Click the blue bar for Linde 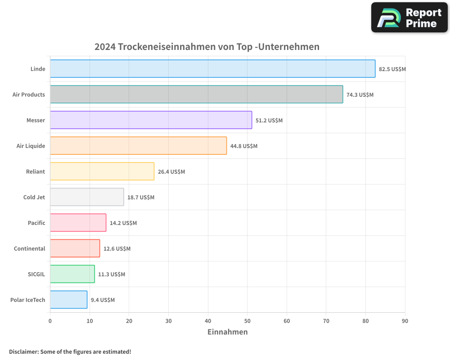point(212,69)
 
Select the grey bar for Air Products point(196,94)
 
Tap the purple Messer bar point(151,120)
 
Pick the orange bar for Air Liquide point(138,146)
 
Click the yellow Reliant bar point(102,171)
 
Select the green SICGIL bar point(72,274)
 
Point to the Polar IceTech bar point(68,300)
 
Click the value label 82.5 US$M point(392,69)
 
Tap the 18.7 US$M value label point(141,198)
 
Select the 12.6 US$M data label point(117,249)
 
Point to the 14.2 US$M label point(123,223)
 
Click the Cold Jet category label point(34,198)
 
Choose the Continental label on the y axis point(30,249)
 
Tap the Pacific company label point(36,223)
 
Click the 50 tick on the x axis point(247,321)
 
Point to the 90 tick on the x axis point(405,321)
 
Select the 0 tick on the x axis point(50,321)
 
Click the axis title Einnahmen point(227,332)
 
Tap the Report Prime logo point(409,18)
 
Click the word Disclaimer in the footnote point(23,352)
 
